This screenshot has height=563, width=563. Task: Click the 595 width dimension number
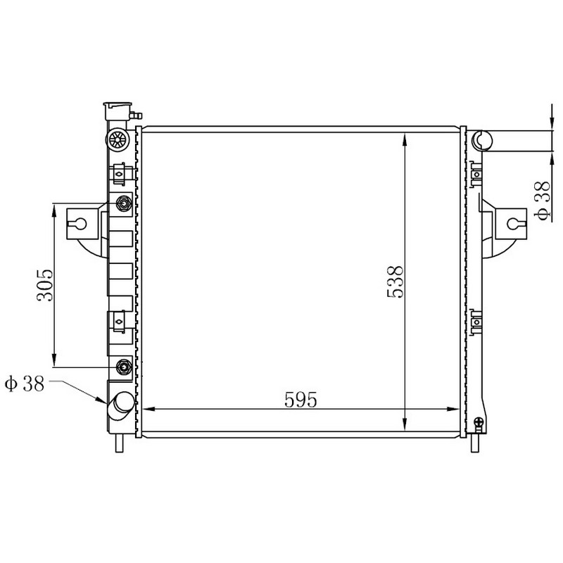(x=301, y=400)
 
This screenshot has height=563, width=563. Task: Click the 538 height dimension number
(x=396, y=282)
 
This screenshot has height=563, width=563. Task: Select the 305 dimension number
(x=45, y=285)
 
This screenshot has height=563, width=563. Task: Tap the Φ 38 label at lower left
(x=25, y=383)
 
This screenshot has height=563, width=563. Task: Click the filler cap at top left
(x=117, y=112)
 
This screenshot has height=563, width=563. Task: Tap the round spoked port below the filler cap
(x=117, y=139)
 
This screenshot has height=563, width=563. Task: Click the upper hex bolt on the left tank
(x=124, y=204)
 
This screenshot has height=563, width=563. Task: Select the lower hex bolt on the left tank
(x=124, y=367)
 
